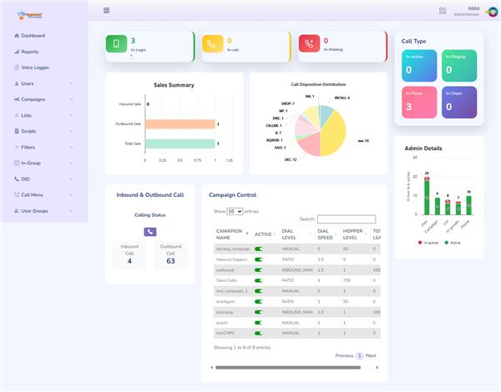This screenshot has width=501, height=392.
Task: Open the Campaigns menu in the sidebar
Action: tap(33, 99)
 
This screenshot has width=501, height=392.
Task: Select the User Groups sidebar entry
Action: tap(34, 211)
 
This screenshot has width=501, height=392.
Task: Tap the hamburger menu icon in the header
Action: tap(106, 11)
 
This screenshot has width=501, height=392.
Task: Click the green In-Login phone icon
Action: tap(117, 46)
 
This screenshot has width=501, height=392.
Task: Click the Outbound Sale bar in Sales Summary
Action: tap(180, 124)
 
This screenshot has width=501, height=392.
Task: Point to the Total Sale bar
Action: tap(180, 143)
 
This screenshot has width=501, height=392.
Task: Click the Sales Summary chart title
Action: tap(174, 85)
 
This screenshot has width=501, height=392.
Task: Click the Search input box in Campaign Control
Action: tap(347, 219)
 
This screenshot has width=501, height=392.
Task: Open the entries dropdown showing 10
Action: tap(235, 212)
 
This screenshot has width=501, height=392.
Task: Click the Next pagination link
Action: tap(371, 355)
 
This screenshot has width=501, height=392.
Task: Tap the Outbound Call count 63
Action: tap(170, 261)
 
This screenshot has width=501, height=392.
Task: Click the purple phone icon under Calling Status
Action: tap(150, 232)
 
